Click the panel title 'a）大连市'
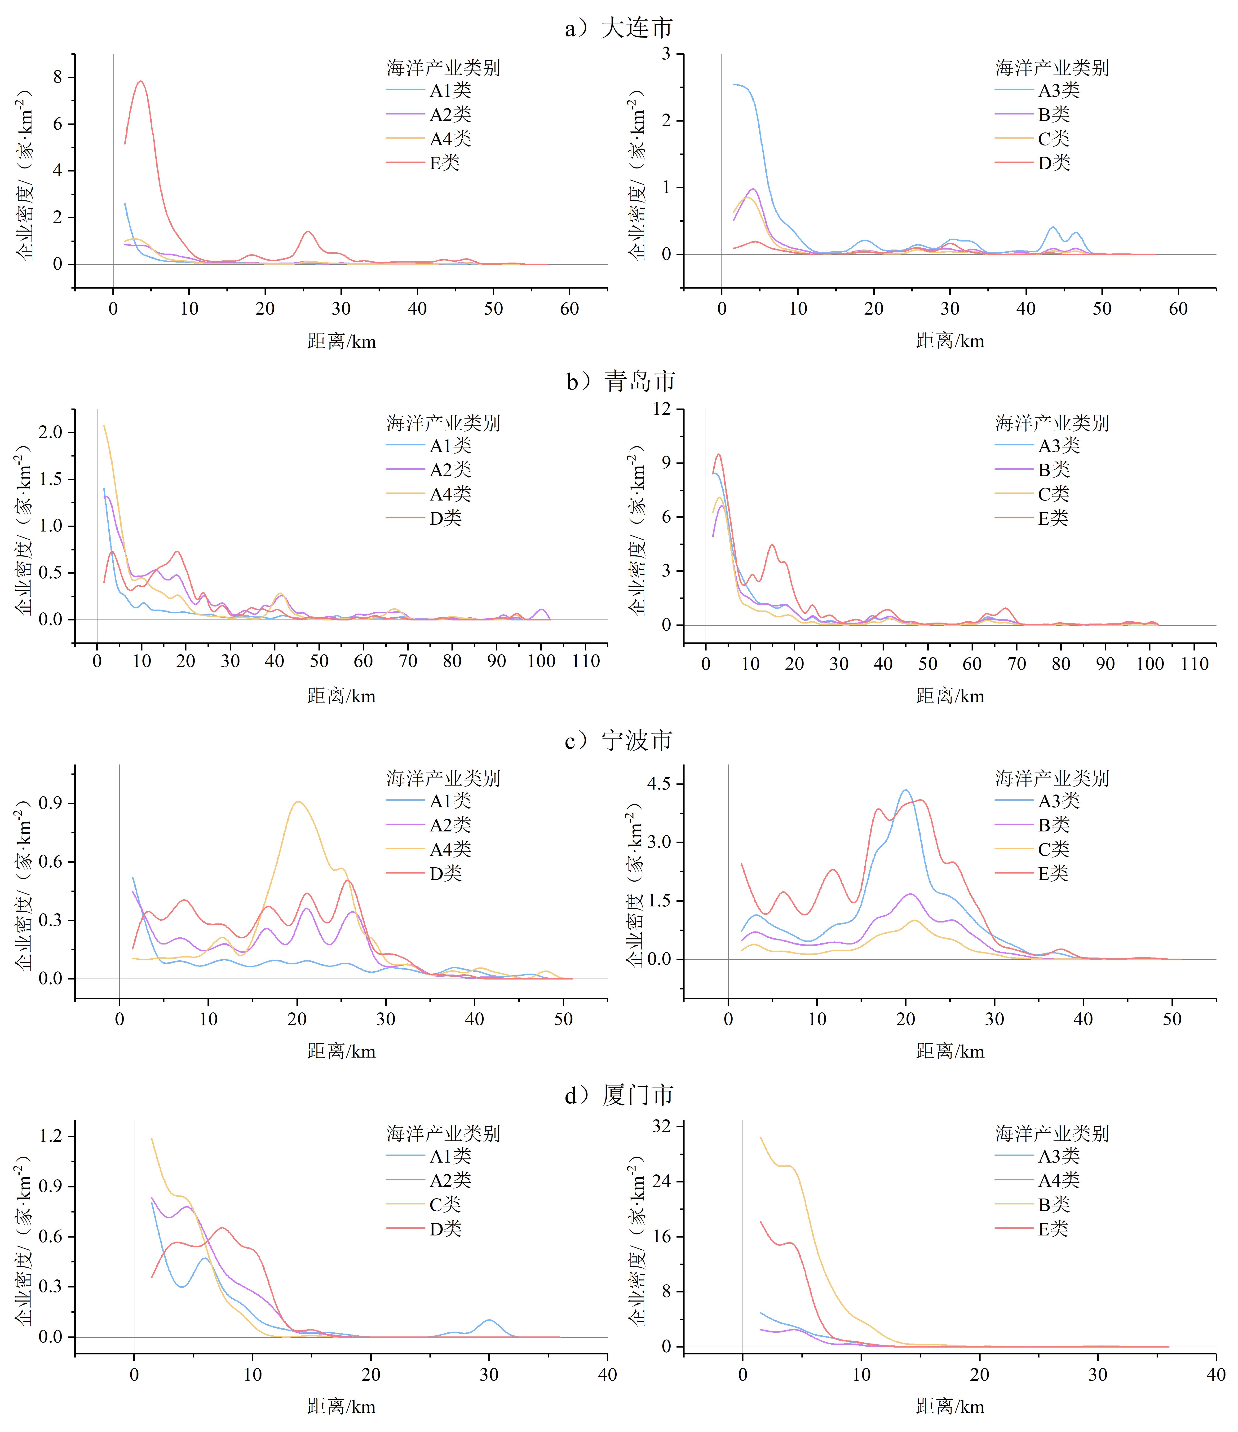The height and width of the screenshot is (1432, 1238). (619, 28)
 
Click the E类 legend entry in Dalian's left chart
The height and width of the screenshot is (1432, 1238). (444, 163)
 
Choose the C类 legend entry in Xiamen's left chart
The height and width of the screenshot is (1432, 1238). (444, 1205)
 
